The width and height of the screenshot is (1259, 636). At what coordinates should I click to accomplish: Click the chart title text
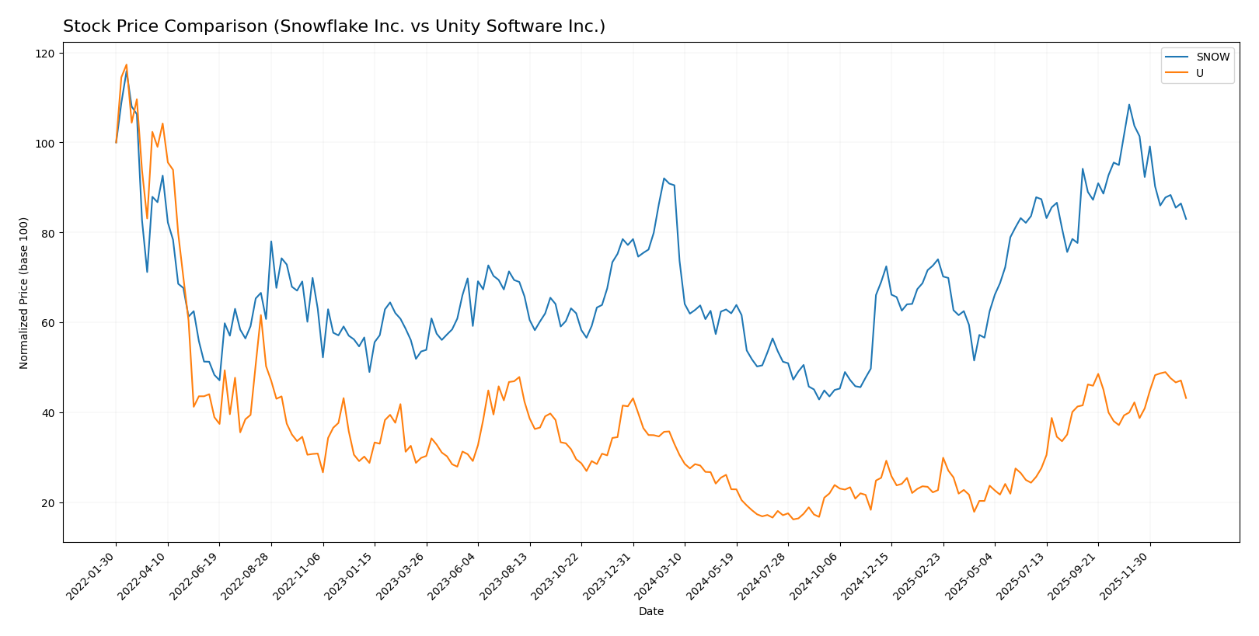point(334,26)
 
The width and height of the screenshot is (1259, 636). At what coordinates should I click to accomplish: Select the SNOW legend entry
point(1212,57)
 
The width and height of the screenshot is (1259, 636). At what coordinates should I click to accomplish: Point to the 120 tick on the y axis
point(46,54)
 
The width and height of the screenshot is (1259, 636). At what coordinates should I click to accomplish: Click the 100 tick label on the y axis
point(46,144)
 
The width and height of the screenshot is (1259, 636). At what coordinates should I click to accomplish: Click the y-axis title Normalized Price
point(24,293)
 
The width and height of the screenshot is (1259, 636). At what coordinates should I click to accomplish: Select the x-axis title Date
point(651,612)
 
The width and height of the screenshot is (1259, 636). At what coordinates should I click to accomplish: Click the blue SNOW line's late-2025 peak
point(1129,105)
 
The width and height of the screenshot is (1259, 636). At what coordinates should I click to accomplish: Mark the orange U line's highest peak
point(127,64)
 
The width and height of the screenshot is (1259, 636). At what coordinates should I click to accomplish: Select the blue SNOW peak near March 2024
point(664,179)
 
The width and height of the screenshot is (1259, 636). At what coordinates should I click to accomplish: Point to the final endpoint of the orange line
point(1186,398)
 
